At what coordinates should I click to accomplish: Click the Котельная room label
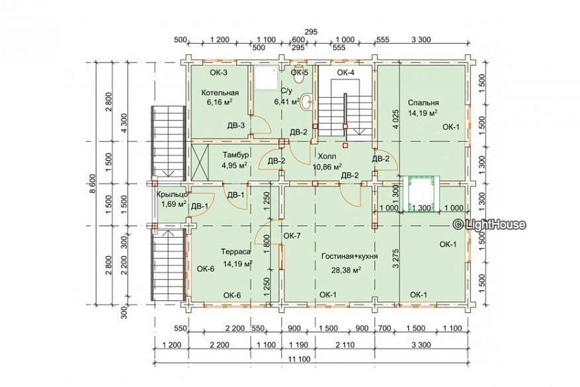point(220,93)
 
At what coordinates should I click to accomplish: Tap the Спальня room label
point(423,103)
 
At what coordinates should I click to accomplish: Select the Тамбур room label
point(236,155)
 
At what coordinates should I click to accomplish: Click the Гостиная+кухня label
point(349,256)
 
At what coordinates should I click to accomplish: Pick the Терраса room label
point(236,252)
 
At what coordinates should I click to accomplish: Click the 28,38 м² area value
point(346,270)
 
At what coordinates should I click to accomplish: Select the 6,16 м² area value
point(219,102)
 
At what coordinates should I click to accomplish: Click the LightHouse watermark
point(489,224)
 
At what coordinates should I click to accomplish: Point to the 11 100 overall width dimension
point(300,359)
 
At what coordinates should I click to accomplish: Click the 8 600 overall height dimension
point(93,184)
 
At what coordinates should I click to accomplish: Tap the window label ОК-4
point(345,72)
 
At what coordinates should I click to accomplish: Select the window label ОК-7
point(292,236)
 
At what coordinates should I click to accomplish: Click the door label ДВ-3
point(236,125)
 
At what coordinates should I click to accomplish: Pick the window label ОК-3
point(219,72)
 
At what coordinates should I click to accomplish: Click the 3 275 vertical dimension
point(395,258)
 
